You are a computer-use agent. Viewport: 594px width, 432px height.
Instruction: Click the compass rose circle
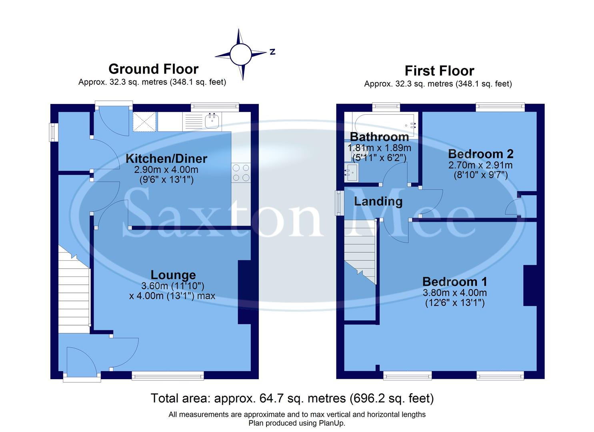240,54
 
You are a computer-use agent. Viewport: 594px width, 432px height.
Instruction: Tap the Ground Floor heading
154,69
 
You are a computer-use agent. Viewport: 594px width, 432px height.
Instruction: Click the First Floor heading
439,71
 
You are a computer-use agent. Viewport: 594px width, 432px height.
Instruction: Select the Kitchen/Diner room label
166,158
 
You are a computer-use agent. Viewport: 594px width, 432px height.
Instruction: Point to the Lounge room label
173,275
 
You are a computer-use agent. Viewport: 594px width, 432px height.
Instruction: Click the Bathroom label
379,137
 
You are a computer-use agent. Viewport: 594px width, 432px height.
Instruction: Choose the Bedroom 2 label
481,154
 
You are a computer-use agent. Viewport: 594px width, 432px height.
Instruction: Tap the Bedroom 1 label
455,282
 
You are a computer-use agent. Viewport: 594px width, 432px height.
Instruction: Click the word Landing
378,201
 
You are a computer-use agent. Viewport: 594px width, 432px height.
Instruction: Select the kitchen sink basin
212,120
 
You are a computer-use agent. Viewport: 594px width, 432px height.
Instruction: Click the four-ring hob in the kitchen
241,173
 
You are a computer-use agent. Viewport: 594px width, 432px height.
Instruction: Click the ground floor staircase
74,288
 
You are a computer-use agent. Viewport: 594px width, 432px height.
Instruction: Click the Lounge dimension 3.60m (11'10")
173,286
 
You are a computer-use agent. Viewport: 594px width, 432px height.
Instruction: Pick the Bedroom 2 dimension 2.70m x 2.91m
480,165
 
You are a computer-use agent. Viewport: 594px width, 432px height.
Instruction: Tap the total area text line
292,398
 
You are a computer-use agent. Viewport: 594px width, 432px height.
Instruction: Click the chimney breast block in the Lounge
245,292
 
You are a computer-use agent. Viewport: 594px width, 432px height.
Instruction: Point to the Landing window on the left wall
340,203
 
